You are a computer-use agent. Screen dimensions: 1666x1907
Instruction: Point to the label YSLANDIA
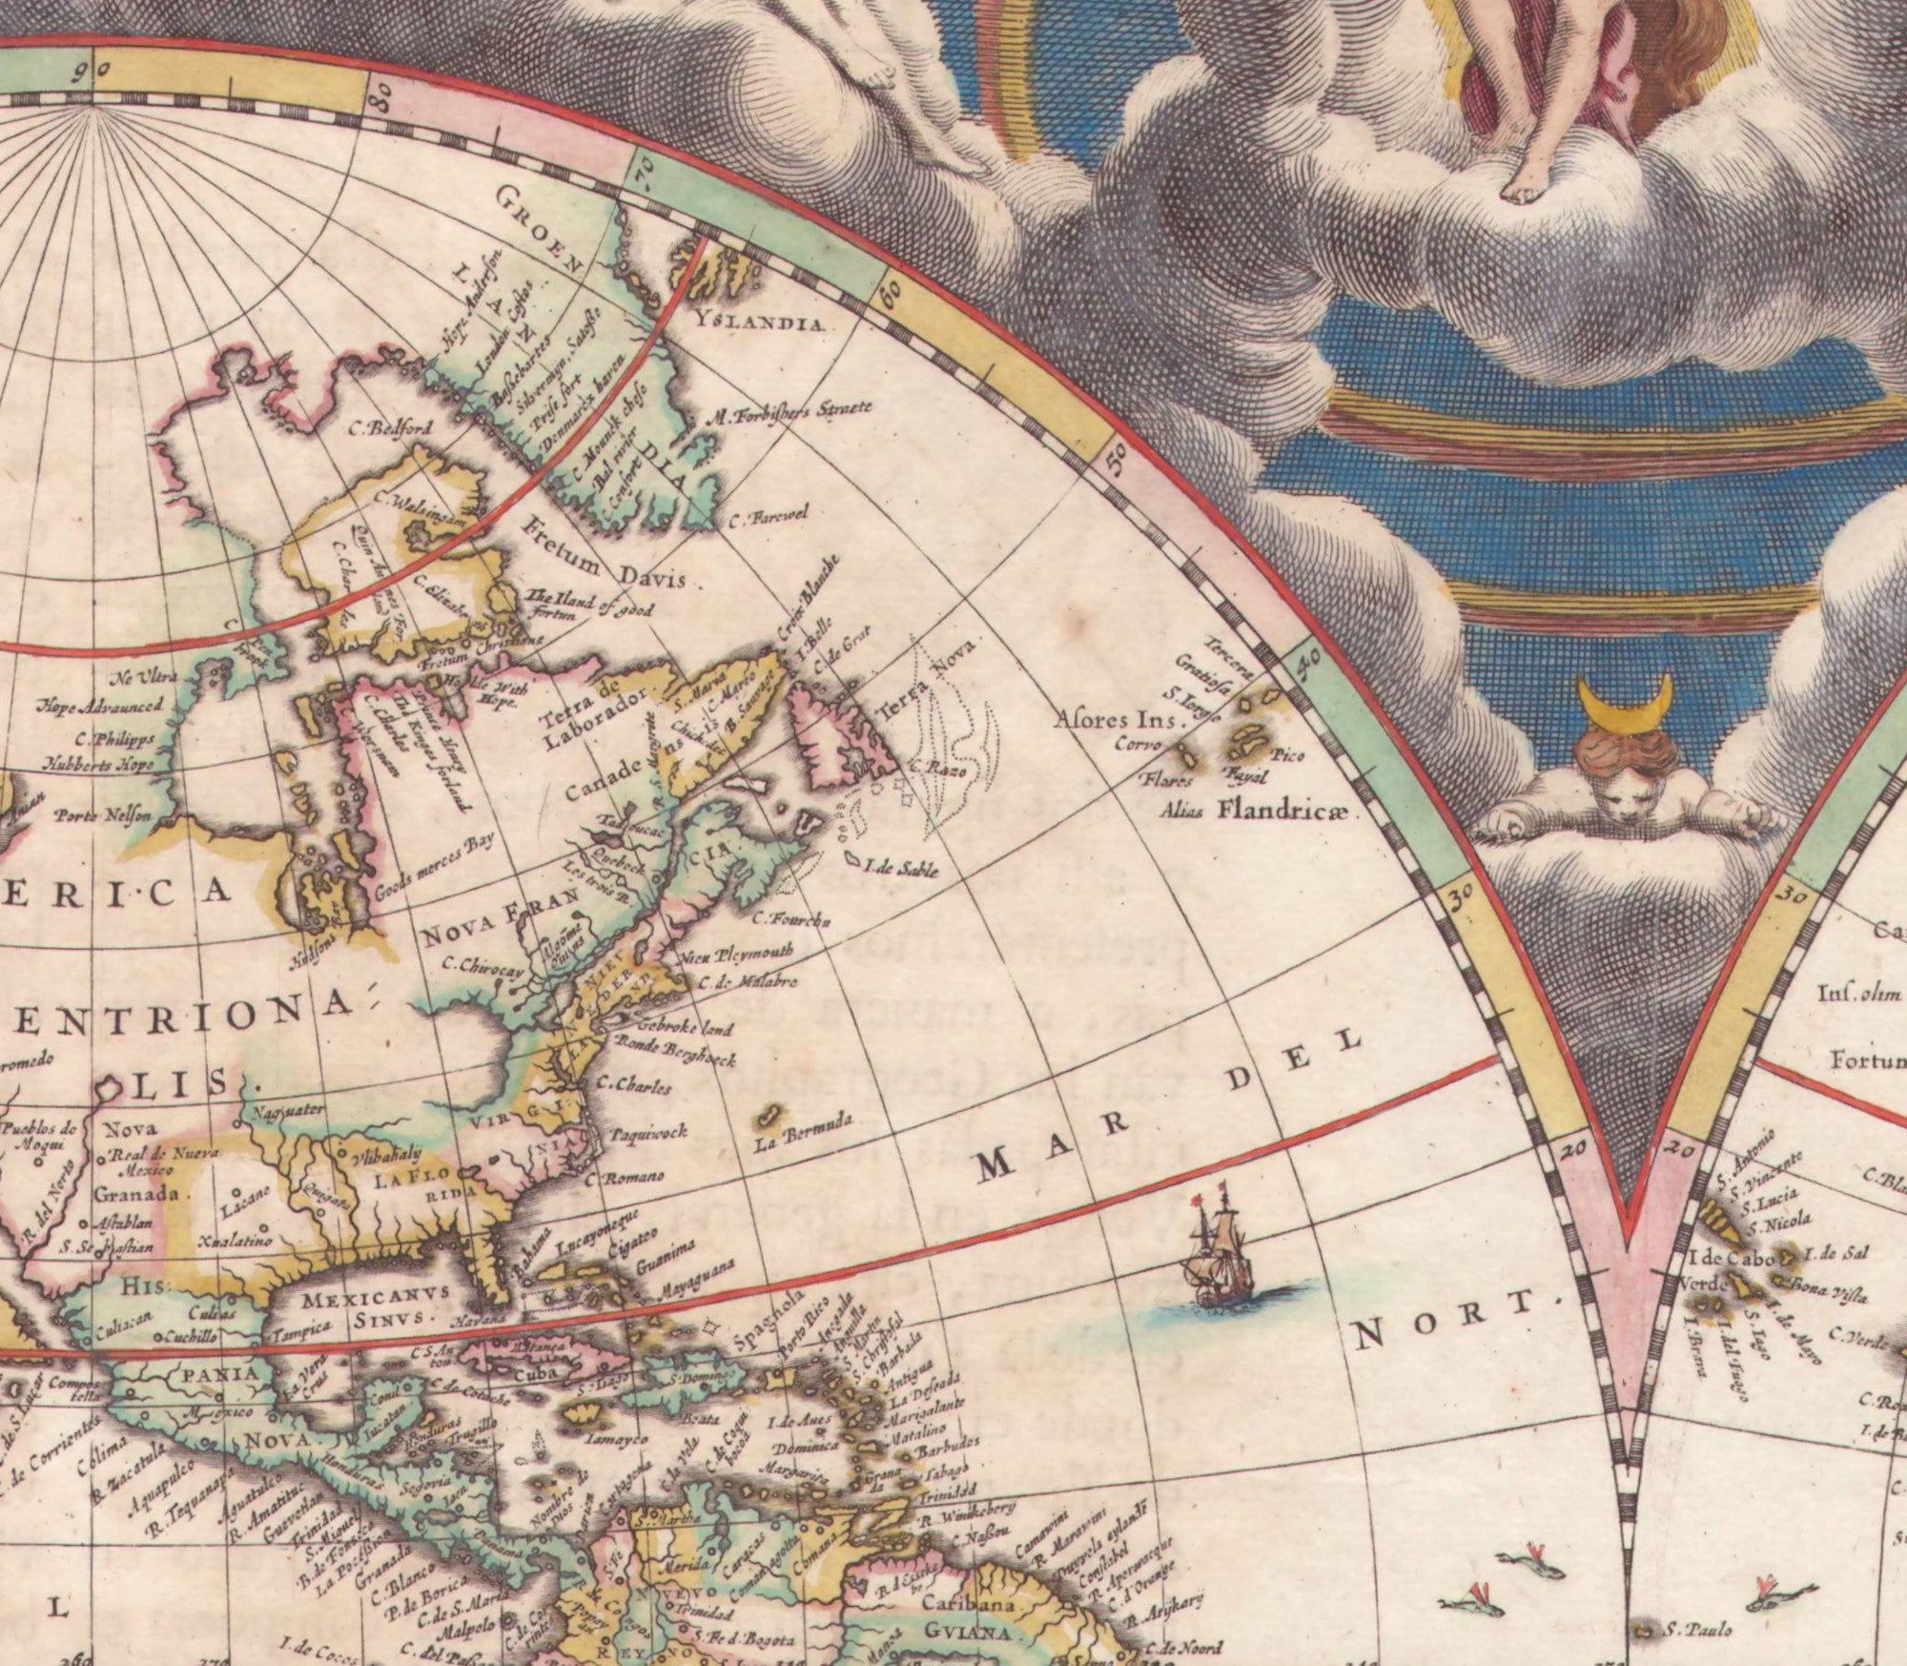pos(760,320)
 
